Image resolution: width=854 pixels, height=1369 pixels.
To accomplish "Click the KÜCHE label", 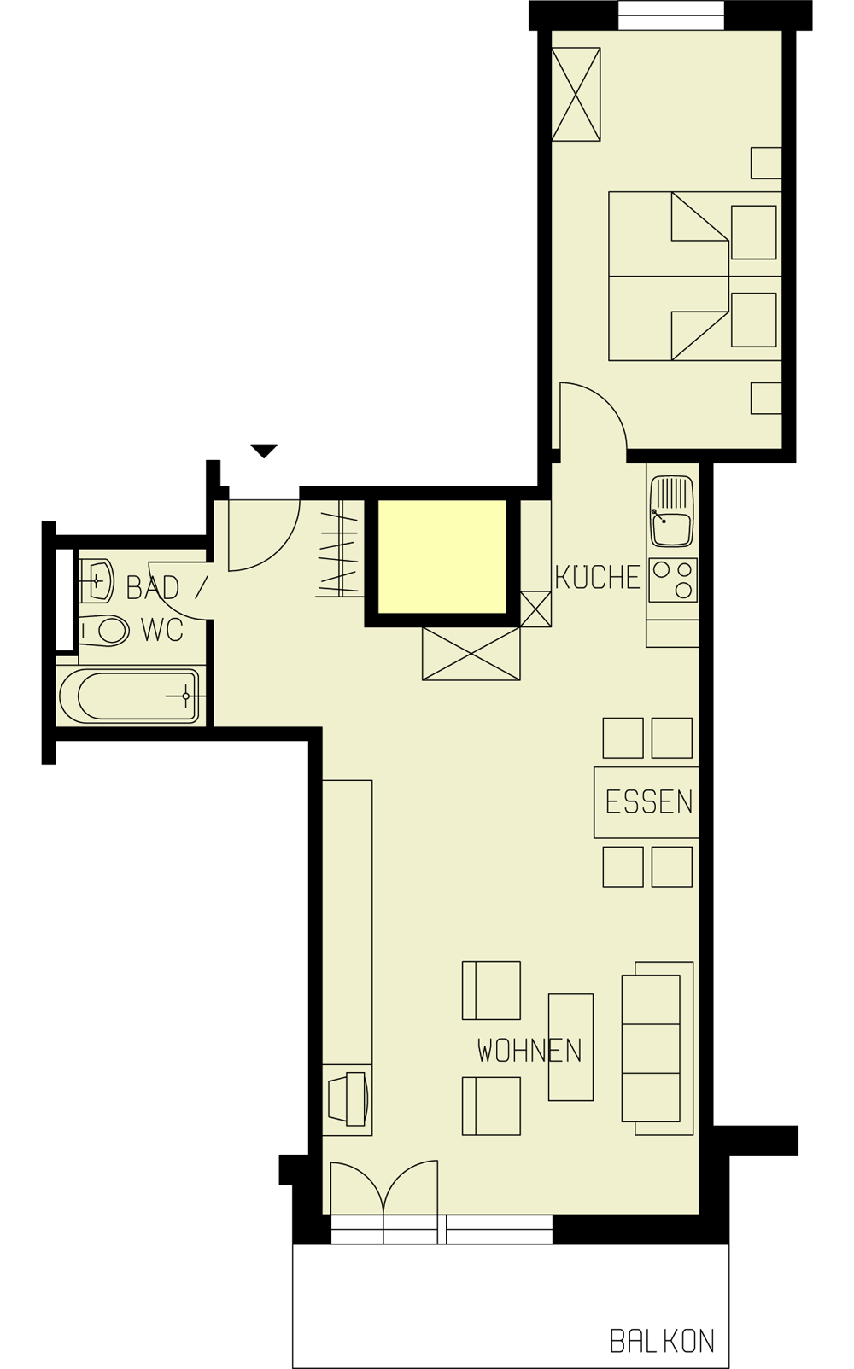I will coord(597,578).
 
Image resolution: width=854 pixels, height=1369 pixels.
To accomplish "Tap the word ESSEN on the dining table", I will coord(648,802).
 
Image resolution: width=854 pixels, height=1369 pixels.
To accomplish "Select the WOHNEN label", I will coord(529,1051).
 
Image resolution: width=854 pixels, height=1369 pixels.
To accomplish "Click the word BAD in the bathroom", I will coord(153,588).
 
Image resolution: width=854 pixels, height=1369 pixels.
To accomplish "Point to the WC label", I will coord(161,630).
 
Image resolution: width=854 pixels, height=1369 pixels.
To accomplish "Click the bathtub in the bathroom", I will coord(131,696).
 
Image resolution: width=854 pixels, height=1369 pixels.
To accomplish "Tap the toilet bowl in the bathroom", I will coord(107,631).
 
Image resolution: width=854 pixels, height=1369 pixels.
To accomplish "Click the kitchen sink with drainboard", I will coord(672,511).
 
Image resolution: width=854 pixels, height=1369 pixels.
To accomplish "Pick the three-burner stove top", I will coord(673,580).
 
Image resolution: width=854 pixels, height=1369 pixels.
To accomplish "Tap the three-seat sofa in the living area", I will coord(656,1048).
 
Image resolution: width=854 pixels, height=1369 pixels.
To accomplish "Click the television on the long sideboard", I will coord(348,1099).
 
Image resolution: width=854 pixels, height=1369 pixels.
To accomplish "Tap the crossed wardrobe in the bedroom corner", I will coord(576,94).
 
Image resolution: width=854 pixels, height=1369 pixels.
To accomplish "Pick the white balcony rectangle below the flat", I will coord(471,1286).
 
